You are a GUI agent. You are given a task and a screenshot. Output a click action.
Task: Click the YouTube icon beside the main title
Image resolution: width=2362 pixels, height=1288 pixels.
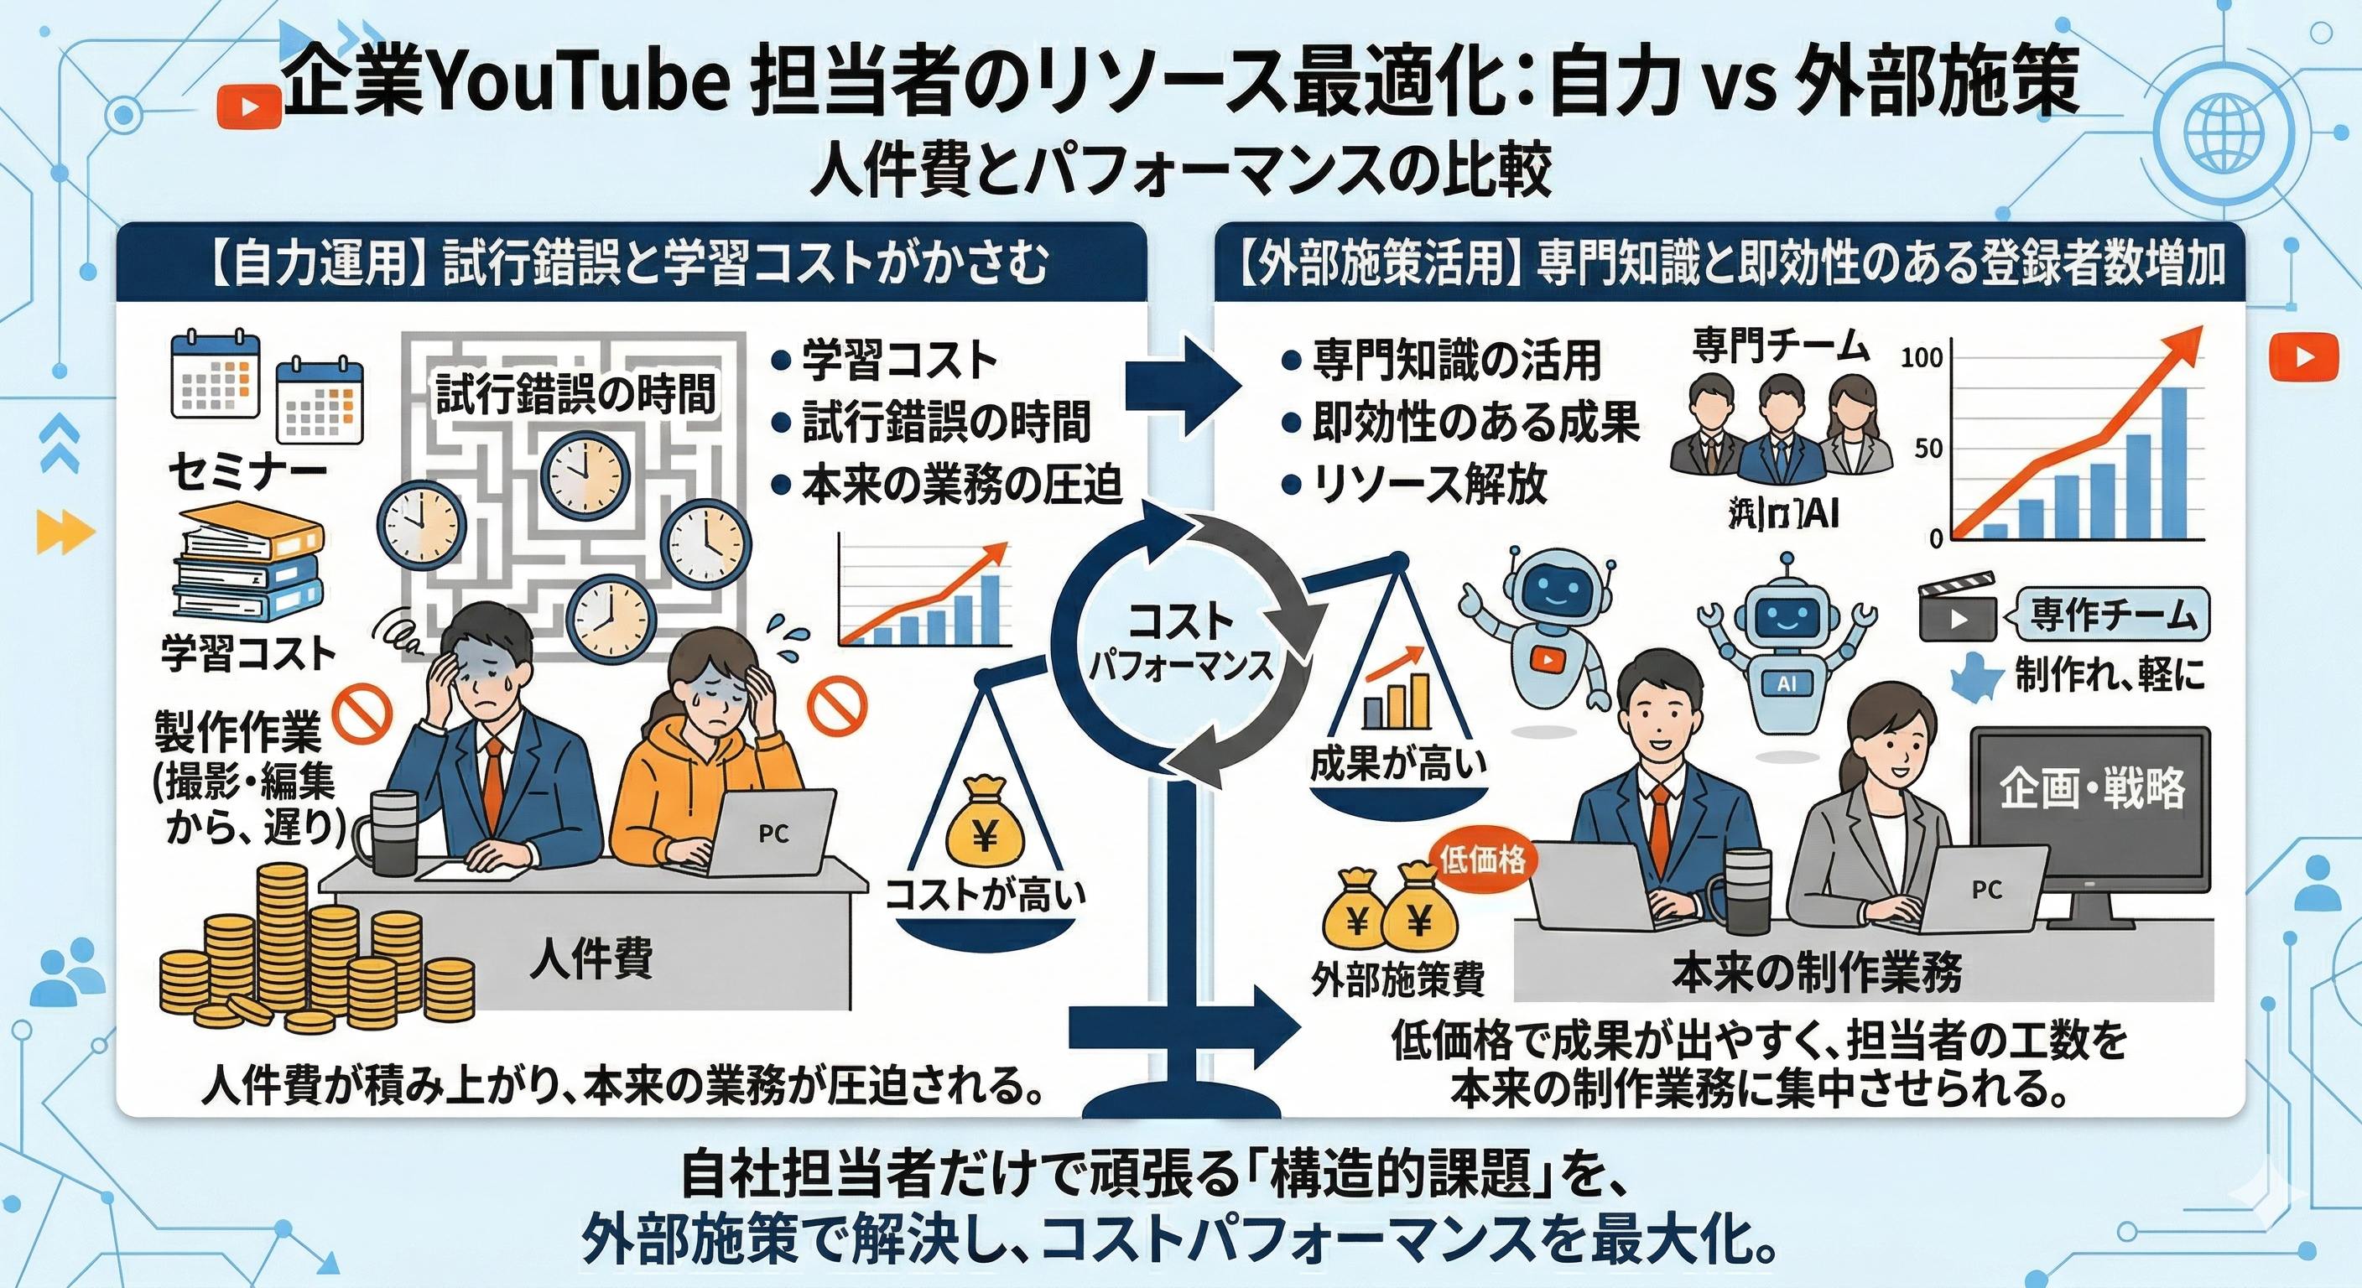[248, 106]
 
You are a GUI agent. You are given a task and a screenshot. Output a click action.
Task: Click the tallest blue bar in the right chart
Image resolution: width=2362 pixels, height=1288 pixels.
[2185, 462]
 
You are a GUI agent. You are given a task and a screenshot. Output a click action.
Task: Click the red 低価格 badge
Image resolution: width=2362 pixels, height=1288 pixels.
[1483, 859]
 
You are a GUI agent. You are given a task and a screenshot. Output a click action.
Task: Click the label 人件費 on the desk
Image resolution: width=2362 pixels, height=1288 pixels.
[591, 961]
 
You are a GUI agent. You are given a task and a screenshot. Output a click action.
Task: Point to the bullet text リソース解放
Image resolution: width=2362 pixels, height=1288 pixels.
[1429, 485]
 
